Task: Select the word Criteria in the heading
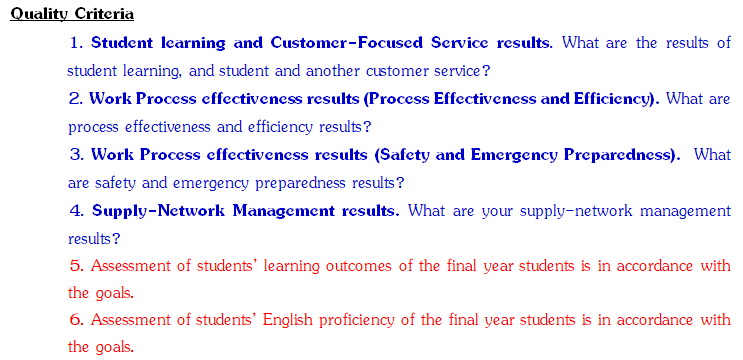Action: pyautogui.click(x=104, y=14)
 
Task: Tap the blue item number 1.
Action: pyautogui.click(x=76, y=43)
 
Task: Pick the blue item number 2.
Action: pyautogui.click(x=76, y=99)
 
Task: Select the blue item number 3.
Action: pyautogui.click(x=76, y=155)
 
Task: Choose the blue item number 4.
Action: pyautogui.click(x=77, y=211)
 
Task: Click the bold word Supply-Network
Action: pyautogui.click(x=159, y=211)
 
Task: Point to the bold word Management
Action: pyautogui.click(x=284, y=211)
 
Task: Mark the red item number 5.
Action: pyautogui.click(x=76, y=267)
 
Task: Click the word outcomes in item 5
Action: pyautogui.click(x=359, y=267)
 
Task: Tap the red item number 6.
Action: pyautogui.click(x=76, y=321)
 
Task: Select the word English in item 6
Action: pyautogui.click(x=288, y=321)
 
